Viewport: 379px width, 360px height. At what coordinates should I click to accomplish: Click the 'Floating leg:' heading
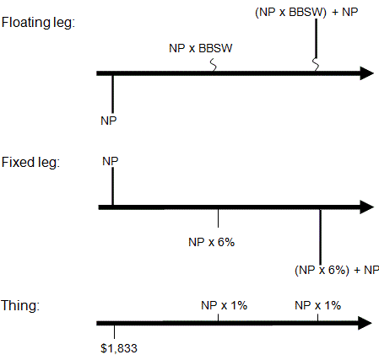(38, 23)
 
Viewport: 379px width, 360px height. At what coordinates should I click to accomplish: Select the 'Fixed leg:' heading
(30, 163)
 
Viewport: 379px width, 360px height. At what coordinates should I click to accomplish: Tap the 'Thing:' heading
(20, 306)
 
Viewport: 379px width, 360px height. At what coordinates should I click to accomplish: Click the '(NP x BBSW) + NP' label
(306, 13)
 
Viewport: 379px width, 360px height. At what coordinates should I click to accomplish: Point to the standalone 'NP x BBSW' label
(201, 48)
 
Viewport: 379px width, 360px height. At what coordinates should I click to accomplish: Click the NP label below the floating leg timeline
(108, 121)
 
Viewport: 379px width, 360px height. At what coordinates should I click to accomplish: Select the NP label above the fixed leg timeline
(111, 161)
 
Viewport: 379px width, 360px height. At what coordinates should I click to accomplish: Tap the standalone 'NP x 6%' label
(211, 242)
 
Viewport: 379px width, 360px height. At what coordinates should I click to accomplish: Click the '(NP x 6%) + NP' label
(337, 270)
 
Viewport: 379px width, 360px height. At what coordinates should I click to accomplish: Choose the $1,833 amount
(119, 348)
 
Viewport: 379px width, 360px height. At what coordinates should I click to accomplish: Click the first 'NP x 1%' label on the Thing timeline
(224, 305)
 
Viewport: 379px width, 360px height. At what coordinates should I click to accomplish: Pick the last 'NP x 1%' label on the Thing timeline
(317, 305)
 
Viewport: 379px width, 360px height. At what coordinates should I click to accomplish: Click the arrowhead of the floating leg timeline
(366, 73)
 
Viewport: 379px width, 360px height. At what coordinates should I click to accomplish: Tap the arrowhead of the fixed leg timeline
(366, 207)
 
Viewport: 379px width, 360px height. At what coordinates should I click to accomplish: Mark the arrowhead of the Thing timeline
(365, 323)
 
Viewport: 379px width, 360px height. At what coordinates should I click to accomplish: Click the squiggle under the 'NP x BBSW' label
(214, 64)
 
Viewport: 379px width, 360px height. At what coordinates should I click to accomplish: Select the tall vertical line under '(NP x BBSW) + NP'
(317, 38)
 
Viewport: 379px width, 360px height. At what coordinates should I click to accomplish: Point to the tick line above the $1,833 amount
(114, 332)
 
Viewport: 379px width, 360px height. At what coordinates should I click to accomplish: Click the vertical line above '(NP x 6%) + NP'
(320, 237)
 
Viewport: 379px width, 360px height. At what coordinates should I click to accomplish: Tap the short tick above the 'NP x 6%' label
(218, 218)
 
